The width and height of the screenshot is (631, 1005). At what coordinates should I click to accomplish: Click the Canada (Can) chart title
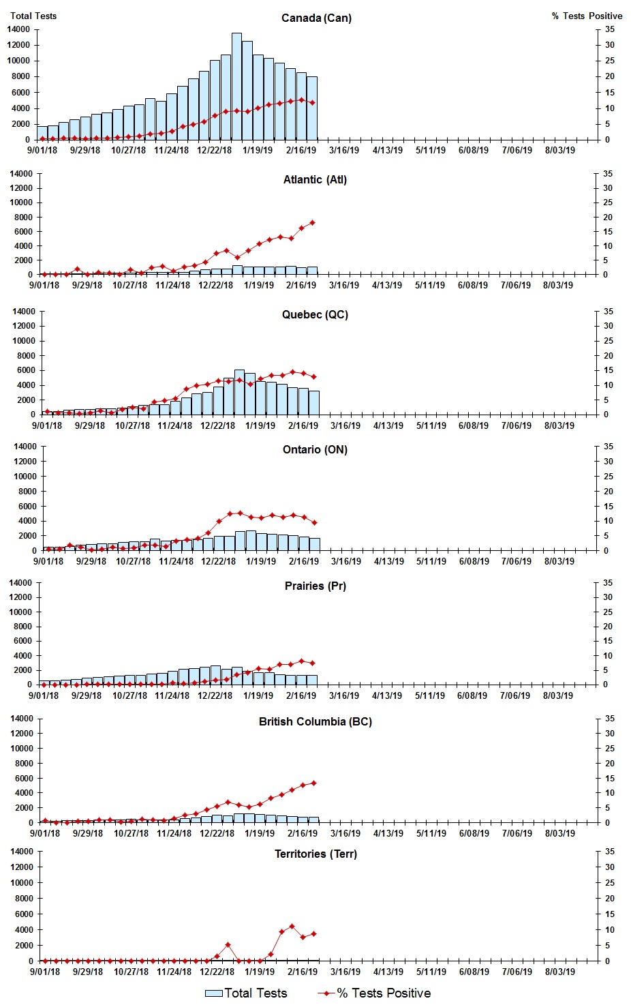click(316, 18)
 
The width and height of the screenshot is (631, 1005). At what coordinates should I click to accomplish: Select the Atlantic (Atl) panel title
click(315, 179)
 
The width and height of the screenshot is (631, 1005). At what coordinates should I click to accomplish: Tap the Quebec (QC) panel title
click(315, 314)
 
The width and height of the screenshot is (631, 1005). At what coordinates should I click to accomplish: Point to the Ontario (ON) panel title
click(315, 449)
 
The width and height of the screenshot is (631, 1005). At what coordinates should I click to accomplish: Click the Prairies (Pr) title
click(315, 586)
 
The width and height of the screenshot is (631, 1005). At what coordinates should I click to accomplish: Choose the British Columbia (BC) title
click(315, 721)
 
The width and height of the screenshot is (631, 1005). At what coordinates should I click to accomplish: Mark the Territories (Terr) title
click(315, 854)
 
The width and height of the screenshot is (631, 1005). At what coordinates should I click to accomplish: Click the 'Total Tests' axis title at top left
click(33, 16)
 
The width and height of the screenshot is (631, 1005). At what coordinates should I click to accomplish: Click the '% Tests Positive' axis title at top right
click(587, 16)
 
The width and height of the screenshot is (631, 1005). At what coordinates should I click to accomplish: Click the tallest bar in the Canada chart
click(236, 86)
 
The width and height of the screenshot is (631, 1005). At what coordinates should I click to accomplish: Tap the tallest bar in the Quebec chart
click(239, 392)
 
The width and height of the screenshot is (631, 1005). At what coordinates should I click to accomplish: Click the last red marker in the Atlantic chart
click(312, 222)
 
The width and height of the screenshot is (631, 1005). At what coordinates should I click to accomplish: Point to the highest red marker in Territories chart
click(292, 926)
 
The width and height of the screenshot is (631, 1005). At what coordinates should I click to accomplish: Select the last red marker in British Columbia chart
click(313, 783)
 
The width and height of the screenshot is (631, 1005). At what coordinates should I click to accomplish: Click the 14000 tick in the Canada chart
click(19, 29)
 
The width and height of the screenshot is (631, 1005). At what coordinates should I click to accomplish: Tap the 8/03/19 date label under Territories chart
click(559, 972)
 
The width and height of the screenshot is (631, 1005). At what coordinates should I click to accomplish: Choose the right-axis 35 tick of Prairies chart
click(608, 583)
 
